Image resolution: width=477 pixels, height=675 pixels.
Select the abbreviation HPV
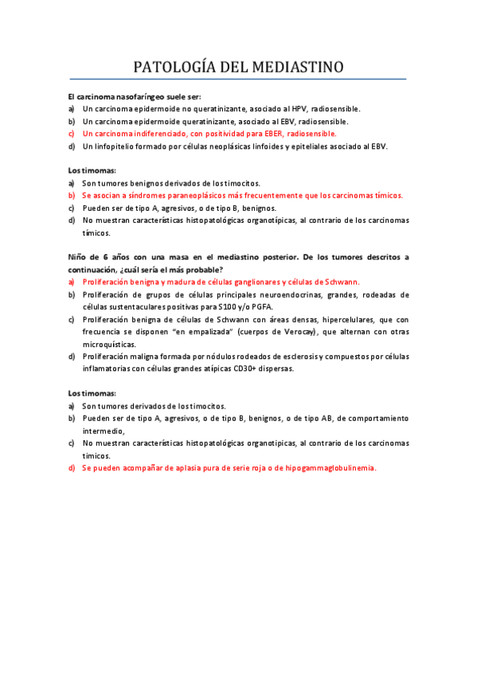(x=298, y=108)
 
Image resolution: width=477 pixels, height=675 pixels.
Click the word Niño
(x=78, y=257)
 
